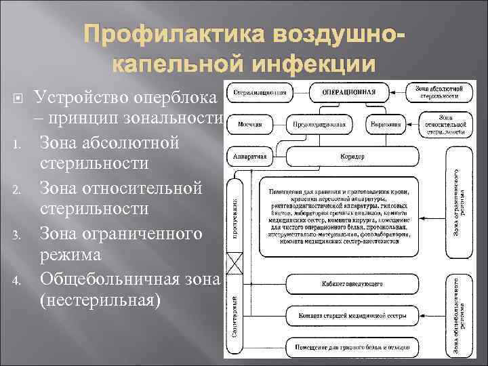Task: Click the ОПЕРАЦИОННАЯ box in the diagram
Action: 350,91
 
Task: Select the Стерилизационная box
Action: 255,91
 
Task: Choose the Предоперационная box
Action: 316,125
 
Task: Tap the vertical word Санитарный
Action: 235,311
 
